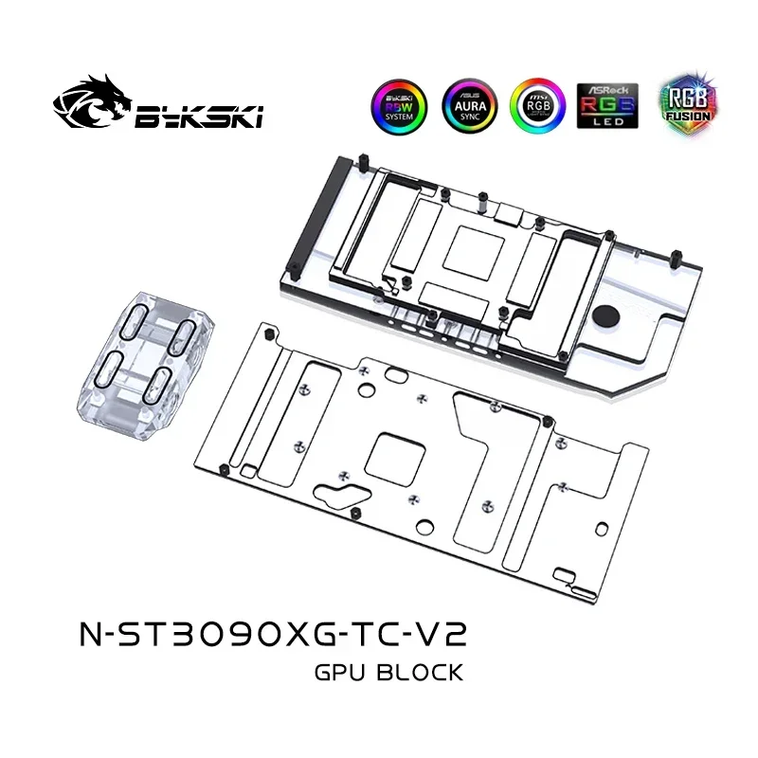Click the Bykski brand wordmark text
point(198,117)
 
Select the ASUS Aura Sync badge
point(466,103)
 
